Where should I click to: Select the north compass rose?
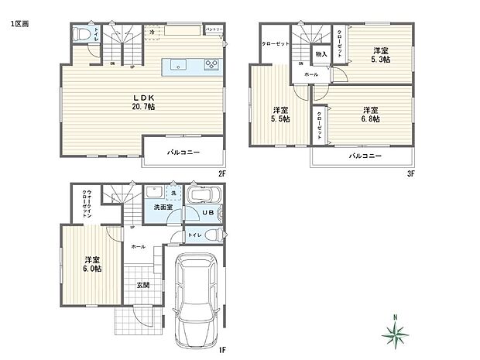coord(397,333)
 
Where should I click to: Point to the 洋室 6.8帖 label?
coord(369,115)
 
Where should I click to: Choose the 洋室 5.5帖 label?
coord(280,115)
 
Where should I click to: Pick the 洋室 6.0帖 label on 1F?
coord(92,264)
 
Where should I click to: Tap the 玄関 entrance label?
coord(142,285)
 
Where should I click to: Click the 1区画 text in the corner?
coord(20,25)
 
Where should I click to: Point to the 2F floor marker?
coord(221,173)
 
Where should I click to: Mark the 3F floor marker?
coord(411,173)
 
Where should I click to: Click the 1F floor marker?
coord(221,348)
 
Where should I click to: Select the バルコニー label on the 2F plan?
coord(183,153)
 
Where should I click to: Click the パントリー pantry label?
coord(214,29)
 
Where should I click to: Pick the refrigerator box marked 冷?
coord(153,33)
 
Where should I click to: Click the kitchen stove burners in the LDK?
coord(211,65)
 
